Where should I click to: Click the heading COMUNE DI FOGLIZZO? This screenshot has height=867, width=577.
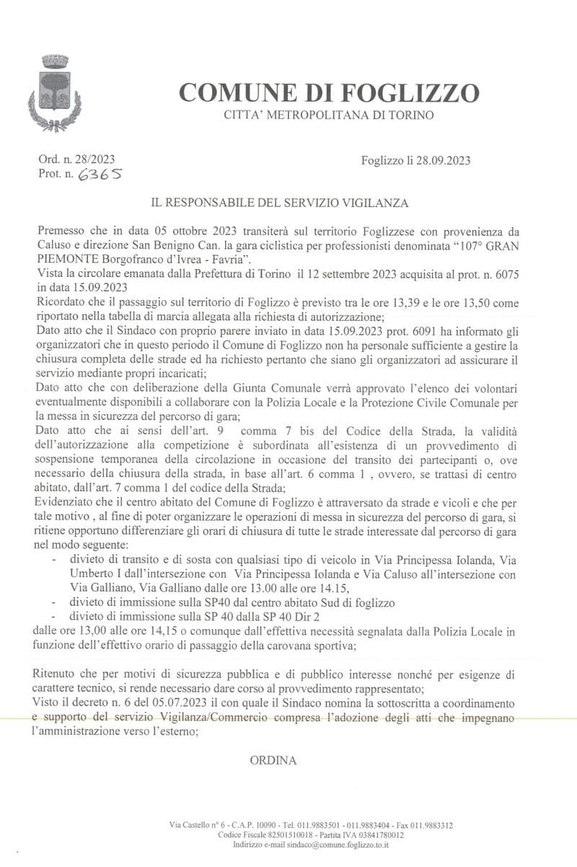click(x=328, y=92)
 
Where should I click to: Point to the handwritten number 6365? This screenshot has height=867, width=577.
click(x=100, y=174)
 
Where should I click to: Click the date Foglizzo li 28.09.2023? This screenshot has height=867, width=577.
click(x=415, y=160)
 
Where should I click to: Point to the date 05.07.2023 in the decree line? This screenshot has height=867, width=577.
click(x=165, y=702)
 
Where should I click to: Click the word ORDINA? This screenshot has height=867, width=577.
click(x=273, y=760)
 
